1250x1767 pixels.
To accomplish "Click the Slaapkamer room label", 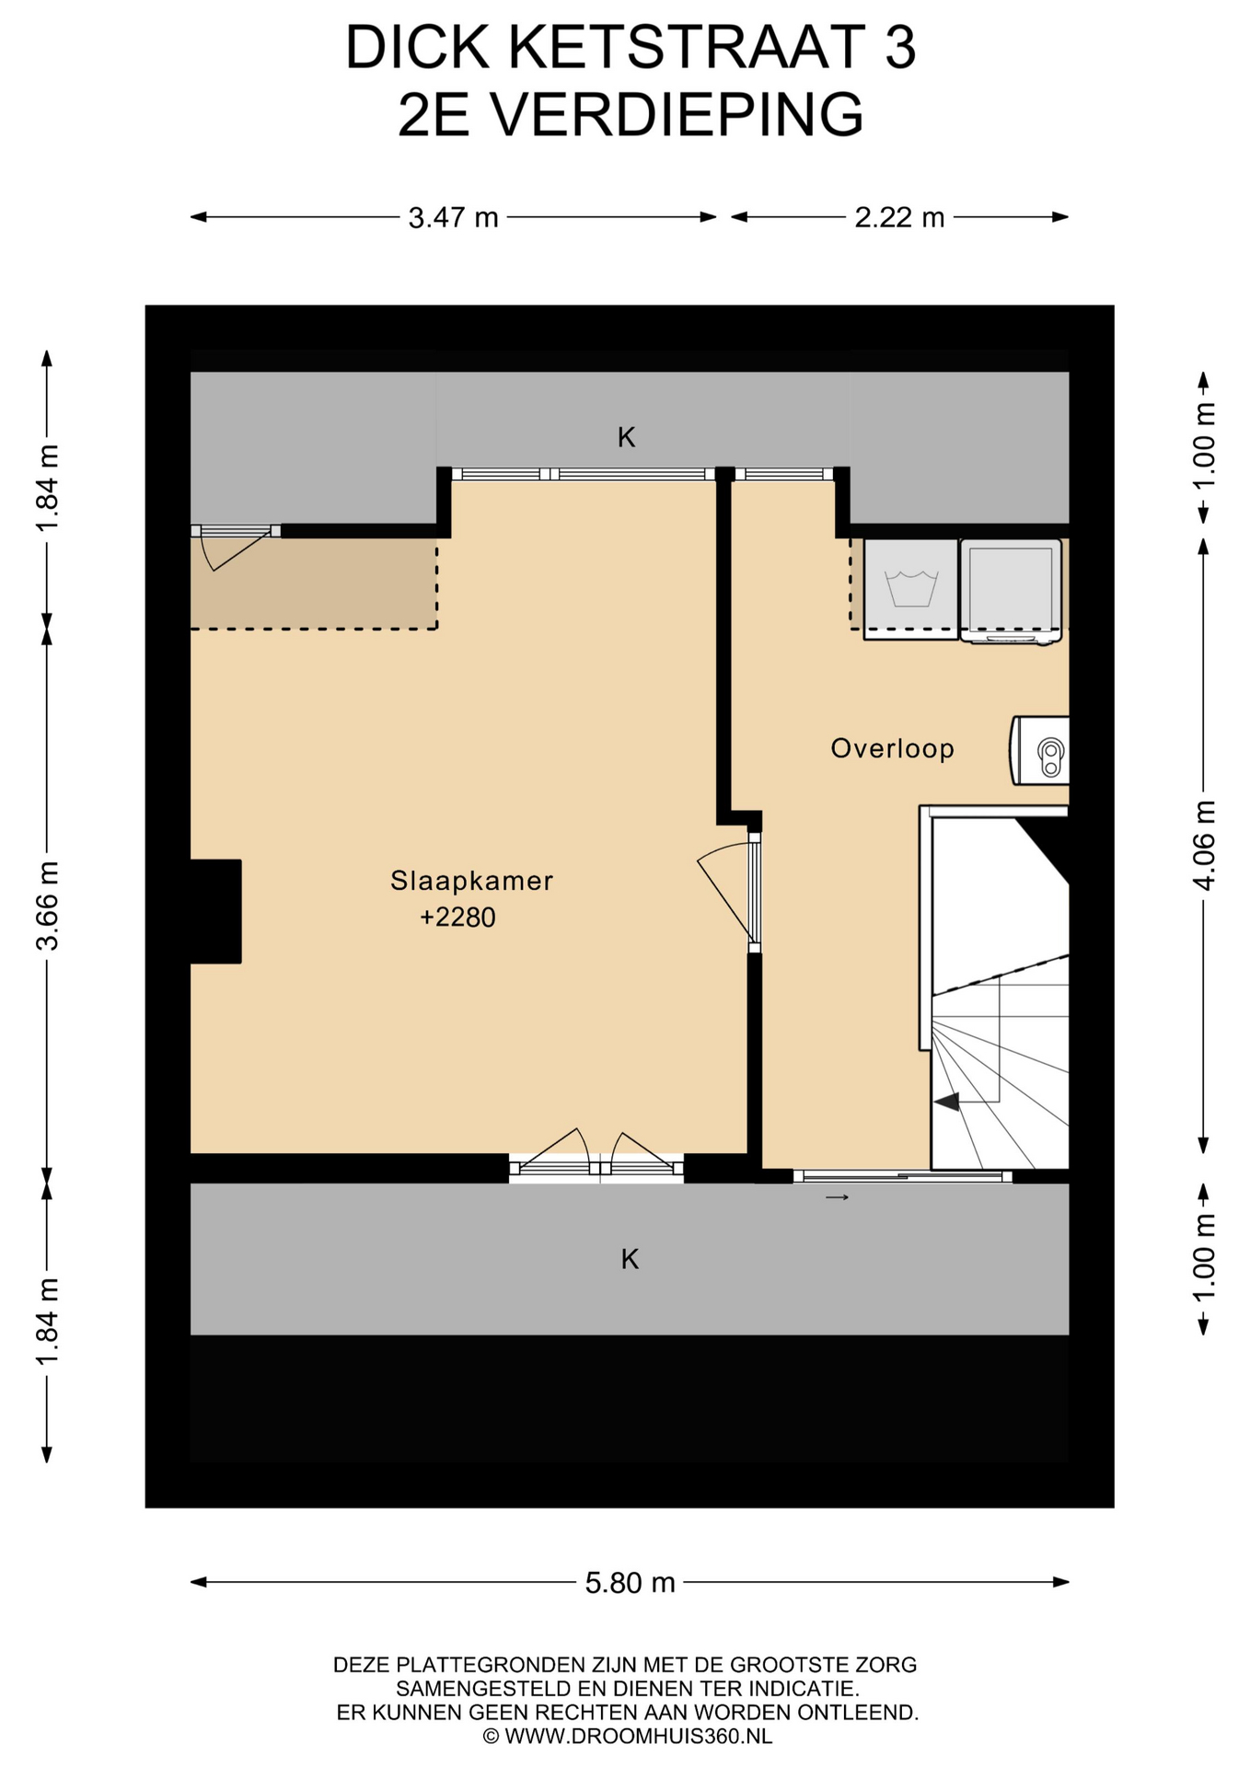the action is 471,881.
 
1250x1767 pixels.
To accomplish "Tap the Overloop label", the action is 892,748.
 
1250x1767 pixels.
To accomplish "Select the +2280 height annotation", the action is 457,918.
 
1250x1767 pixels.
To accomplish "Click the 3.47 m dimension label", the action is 453,217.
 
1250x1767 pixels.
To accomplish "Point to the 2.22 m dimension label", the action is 899,217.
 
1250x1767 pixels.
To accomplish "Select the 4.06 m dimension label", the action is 1205,845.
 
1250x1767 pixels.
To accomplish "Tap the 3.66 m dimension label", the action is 48,906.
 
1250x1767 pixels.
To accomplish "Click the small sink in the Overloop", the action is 1041,750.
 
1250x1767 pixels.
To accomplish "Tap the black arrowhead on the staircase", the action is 947,1100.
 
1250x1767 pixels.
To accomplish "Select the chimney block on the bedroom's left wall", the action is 215,911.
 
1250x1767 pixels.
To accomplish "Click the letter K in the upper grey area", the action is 627,437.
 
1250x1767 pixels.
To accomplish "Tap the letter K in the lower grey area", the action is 630,1259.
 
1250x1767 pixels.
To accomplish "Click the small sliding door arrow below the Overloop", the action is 837,1197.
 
